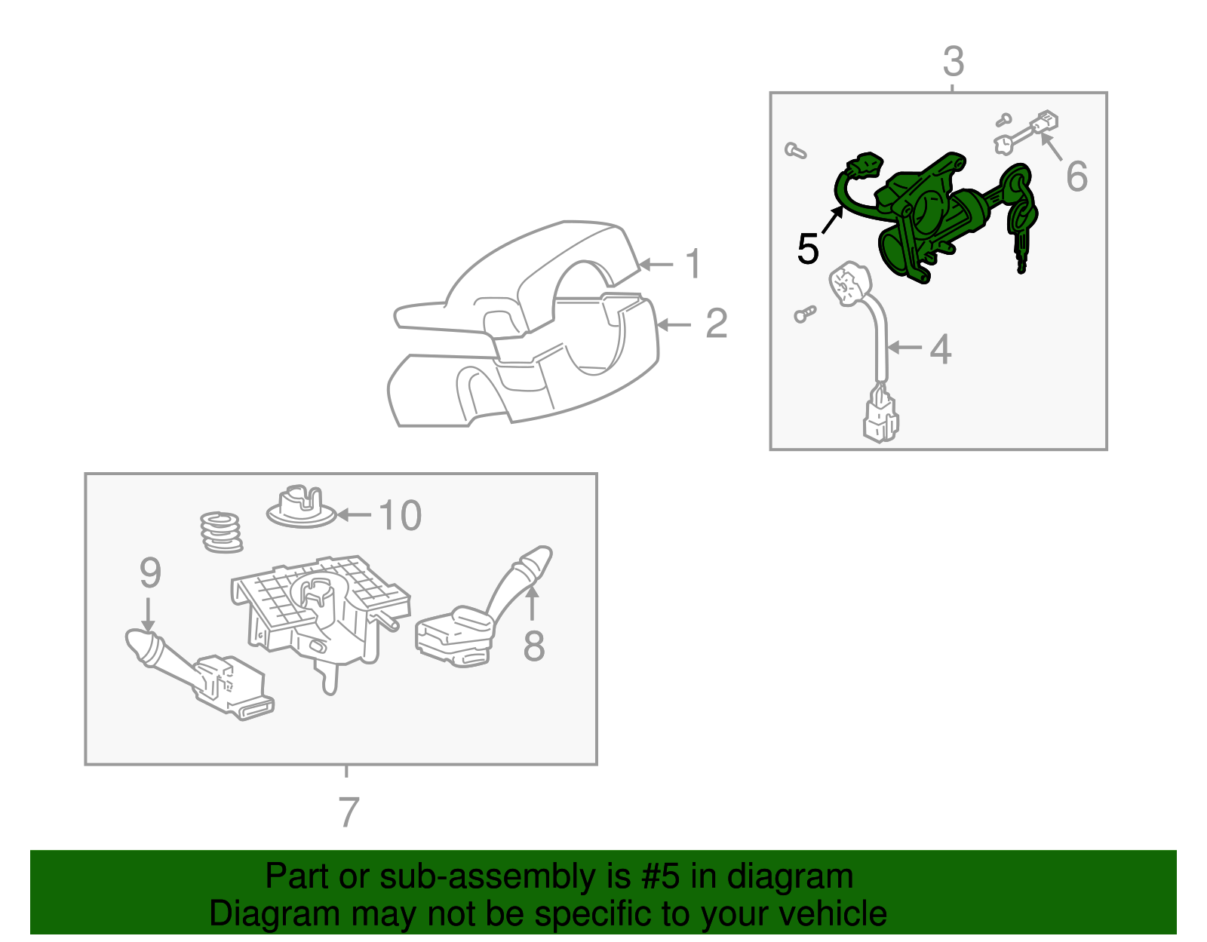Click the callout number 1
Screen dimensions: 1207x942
(x=693, y=263)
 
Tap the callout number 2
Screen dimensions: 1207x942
(x=717, y=323)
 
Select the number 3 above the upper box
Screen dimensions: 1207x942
(x=954, y=62)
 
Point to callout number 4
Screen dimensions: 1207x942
(x=941, y=349)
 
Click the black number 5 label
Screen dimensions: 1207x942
(x=808, y=248)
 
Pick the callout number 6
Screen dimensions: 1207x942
(x=1076, y=176)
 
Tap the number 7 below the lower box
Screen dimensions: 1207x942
(x=349, y=812)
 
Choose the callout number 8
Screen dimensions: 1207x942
(x=534, y=645)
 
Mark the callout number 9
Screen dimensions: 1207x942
(x=150, y=572)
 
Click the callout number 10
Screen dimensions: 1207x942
(x=400, y=516)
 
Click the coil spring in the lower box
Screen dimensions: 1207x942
(x=222, y=532)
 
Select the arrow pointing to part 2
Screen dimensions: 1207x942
(x=674, y=324)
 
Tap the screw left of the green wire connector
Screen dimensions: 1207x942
(x=795, y=150)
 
